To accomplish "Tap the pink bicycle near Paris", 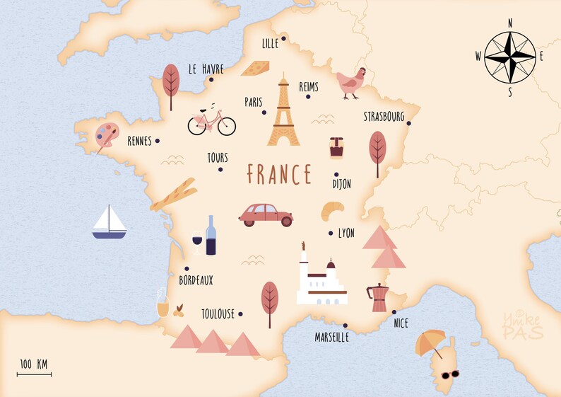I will (x=211, y=122).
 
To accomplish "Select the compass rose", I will (x=509, y=57).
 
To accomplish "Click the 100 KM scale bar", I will (x=34, y=370).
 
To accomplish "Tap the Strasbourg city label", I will (x=384, y=116).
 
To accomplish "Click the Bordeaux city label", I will (x=196, y=280).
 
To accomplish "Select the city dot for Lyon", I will (x=330, y=233).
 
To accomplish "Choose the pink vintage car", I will (x=266, y=214).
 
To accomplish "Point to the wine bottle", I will (x=211, y=235).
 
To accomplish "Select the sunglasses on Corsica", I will (x=450, y=374).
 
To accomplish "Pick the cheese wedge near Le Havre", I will (x=255, y=68).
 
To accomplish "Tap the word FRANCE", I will (x=279, y=174).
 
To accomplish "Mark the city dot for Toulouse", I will (x=240, y=313).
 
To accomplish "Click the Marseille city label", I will (x=331, y=338).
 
